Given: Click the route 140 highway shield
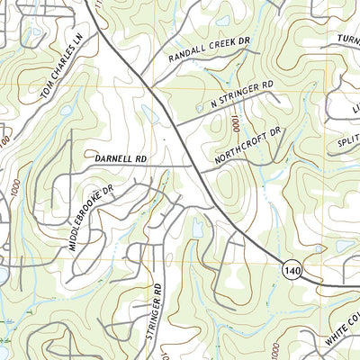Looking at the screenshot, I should point(289,269).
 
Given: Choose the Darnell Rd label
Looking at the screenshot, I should point(119,158).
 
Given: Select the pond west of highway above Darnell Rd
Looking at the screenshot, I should point(148,113).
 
